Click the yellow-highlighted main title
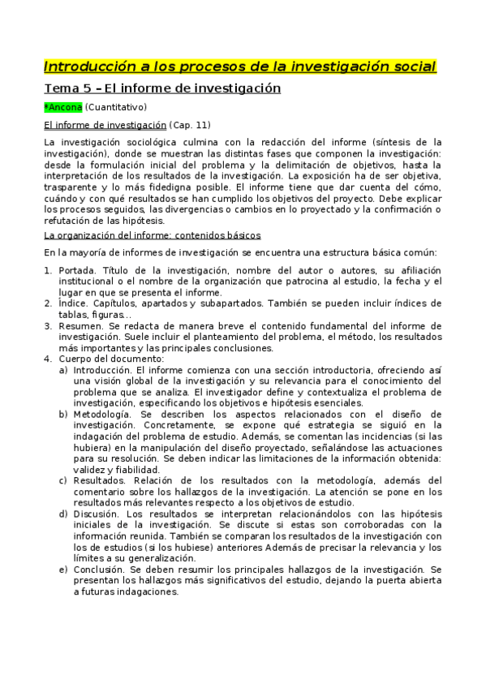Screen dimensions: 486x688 tap(239, 66)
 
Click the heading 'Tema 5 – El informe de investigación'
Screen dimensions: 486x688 tap(161, 88)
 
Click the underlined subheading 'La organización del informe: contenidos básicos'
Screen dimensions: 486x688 tap(152, 235)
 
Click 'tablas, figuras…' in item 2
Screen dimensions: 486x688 tap(92, 314)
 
